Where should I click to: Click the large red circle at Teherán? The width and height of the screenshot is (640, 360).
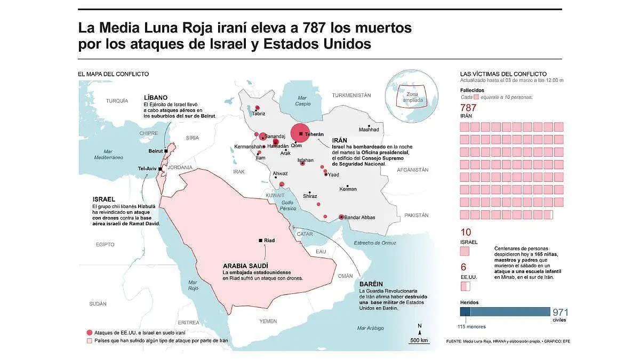pos(300,133)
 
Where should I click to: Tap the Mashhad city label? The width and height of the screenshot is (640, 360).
pos(369,130)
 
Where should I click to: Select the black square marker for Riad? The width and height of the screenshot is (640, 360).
pos(260,241)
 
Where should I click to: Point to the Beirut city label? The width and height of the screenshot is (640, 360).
pos(155,151)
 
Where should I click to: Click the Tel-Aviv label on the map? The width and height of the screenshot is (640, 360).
pos(147,169)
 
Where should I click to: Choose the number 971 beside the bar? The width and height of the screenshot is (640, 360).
pos(561,313)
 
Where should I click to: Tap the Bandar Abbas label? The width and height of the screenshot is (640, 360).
pos(361,217)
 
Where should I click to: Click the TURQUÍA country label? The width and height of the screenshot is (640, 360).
pos(117,100)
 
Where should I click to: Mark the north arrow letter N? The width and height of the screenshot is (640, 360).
pos(420,326)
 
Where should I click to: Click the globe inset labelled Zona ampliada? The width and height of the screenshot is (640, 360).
pos(410,97)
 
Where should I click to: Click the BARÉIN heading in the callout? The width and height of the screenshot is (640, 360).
pos(372,284)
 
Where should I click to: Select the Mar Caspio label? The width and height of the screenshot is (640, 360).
pos(303,100)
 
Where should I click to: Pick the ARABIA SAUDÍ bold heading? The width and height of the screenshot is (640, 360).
pos(245,265)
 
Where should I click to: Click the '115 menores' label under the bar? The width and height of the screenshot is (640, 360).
pos(471,326)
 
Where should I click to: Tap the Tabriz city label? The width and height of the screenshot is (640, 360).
pos(259,114)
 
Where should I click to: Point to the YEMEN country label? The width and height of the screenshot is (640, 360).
pos(268,321)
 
